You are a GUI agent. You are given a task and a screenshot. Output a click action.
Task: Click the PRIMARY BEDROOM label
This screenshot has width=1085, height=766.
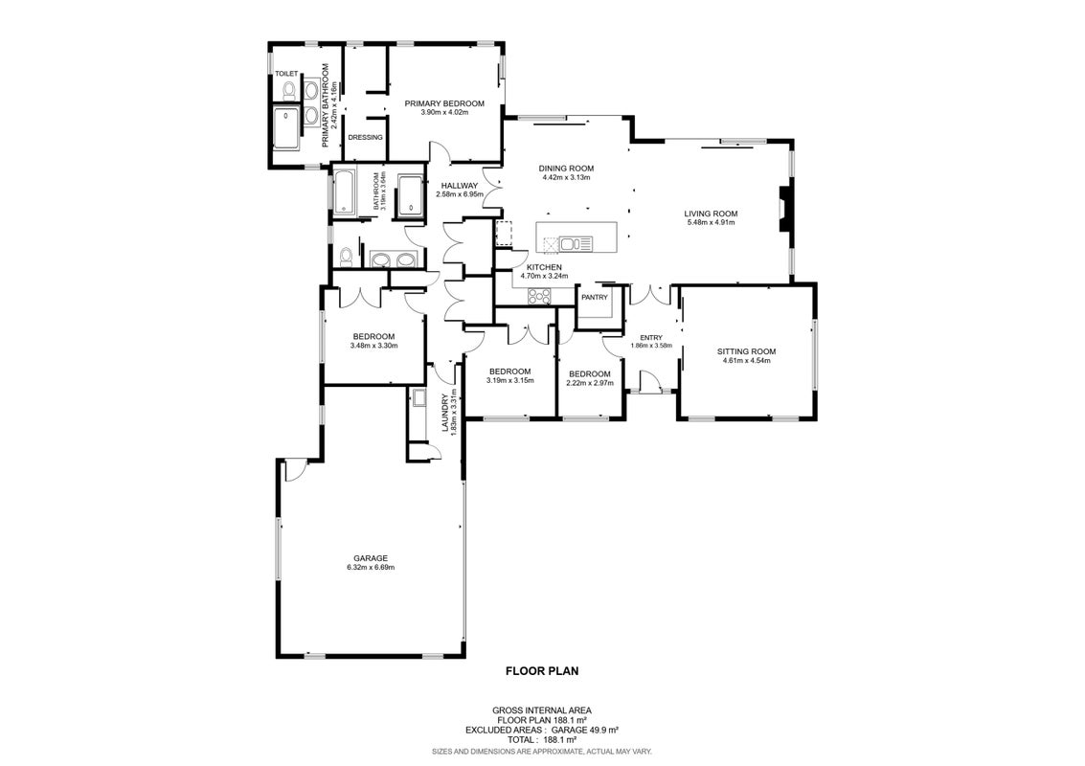(x=444, y=103)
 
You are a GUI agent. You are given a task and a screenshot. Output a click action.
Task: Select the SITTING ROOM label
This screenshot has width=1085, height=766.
(x=747, y=351)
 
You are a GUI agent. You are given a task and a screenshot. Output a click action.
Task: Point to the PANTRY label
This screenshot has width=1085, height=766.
(x=595, y=298)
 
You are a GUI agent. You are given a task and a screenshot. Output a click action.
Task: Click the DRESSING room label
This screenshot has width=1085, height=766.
(x=366, y=138)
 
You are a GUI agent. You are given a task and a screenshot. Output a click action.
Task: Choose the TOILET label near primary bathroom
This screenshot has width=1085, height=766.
(x=286, y=74)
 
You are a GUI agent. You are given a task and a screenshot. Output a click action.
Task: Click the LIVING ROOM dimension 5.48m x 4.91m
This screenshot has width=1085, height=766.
(x=711, y=223)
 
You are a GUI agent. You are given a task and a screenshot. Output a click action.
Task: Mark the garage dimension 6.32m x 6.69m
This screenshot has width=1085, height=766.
(x=371, y=568)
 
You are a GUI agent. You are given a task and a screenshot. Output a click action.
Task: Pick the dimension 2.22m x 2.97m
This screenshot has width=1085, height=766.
(x=590, y=383)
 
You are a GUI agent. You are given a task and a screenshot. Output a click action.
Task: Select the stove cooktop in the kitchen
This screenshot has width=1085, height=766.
(x=539, y=296)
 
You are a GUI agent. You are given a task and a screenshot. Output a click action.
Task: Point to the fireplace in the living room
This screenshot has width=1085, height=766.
(x=782, y=209)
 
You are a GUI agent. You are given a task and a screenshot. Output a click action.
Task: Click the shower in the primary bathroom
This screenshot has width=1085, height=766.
(x=287, y=128)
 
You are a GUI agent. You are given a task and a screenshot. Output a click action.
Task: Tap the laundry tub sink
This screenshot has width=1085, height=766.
(x=419, y=398)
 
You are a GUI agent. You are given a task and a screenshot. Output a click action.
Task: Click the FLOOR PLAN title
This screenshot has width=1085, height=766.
(x=542, y=670)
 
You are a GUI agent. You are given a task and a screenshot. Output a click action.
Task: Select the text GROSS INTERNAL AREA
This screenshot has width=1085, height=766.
(x=542, y=710)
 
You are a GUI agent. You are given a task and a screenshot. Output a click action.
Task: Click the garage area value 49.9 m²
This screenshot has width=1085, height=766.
(x=602, y=730)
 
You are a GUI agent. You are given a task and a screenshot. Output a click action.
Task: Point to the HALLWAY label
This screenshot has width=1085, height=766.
(x=460, y=186)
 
